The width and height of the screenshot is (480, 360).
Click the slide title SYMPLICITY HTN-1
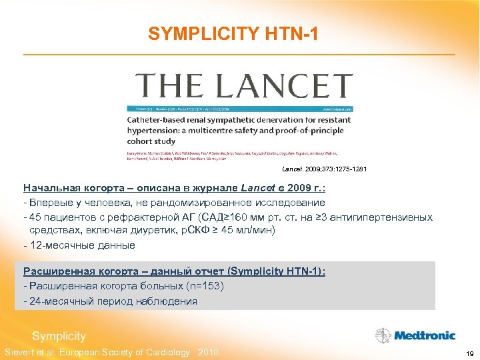[x=238, y=33]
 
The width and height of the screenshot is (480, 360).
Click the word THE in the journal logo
[x=164, y=87]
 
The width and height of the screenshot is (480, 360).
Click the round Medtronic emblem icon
[x=383, y=335]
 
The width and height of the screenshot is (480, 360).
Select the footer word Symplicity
[x=59, y=336]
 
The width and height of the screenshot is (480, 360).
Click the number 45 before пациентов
[x=35, y=217]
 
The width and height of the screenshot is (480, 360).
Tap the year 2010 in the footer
[x=209, y=352]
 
